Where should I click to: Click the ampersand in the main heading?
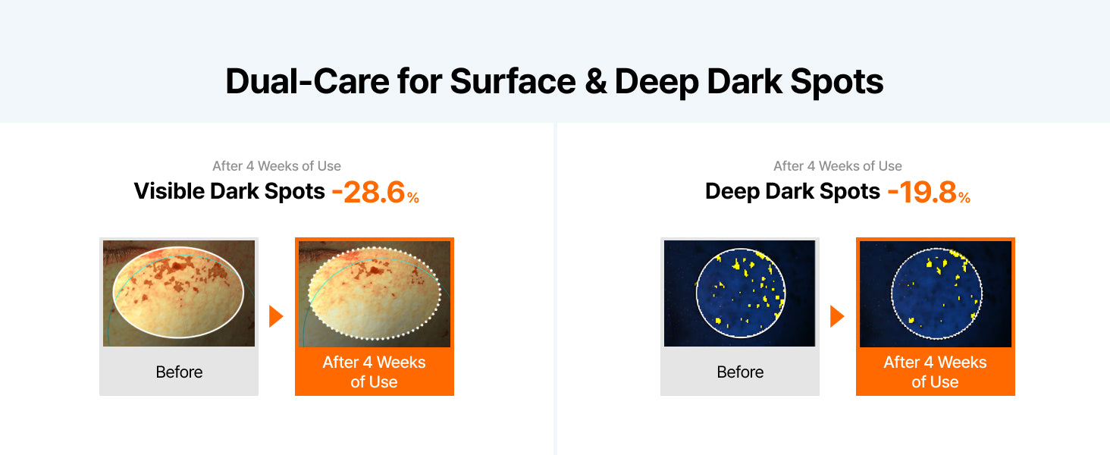tap(596, 82)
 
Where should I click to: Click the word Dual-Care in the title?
tap(307, 81)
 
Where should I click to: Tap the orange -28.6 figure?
tap(368, 193)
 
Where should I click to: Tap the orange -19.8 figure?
tap(922, 193)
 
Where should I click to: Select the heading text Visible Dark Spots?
tap(229, 191)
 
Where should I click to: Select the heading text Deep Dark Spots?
tap(792, 191)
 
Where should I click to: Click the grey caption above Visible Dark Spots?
tap(277, 166)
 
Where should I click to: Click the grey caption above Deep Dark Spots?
tap(838, 166)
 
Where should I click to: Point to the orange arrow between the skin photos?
tap(276, 316)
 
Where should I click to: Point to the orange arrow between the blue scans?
tap(837, 316)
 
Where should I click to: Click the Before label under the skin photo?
tap(179, 372)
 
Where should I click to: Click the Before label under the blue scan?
tap(740, 372)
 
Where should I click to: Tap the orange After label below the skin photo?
tap(374, 372)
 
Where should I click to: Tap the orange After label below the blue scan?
tap(935, 372)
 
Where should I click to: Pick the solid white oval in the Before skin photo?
tap(113, 293)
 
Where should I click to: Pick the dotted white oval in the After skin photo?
tap(309, 293)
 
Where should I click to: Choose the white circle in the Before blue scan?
tap(696, 293)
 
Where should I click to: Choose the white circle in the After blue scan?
tap(892, 293)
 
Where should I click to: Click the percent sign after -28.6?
tap(413, 198)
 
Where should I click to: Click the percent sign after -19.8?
tap(964, 198)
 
